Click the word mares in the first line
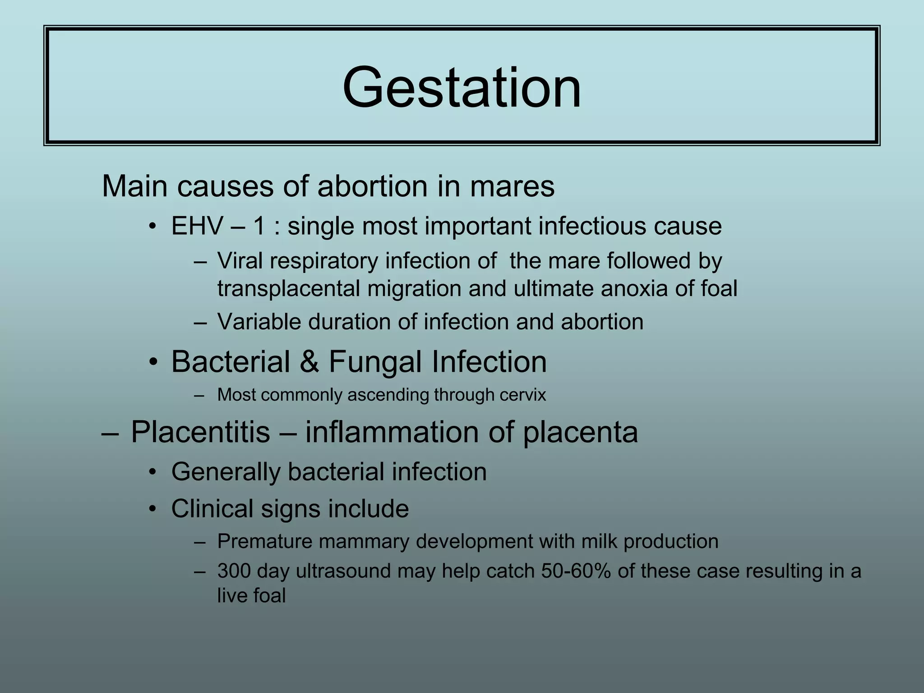pyautogui.click(x=512, y=186)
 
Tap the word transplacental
pyautogui.click(x=288, y=289)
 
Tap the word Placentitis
pyautogui.click(x=200, y=432)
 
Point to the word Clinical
pyautogui.click(x=212, y=508)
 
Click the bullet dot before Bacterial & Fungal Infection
pyautogui.click(x=154, y=362)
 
